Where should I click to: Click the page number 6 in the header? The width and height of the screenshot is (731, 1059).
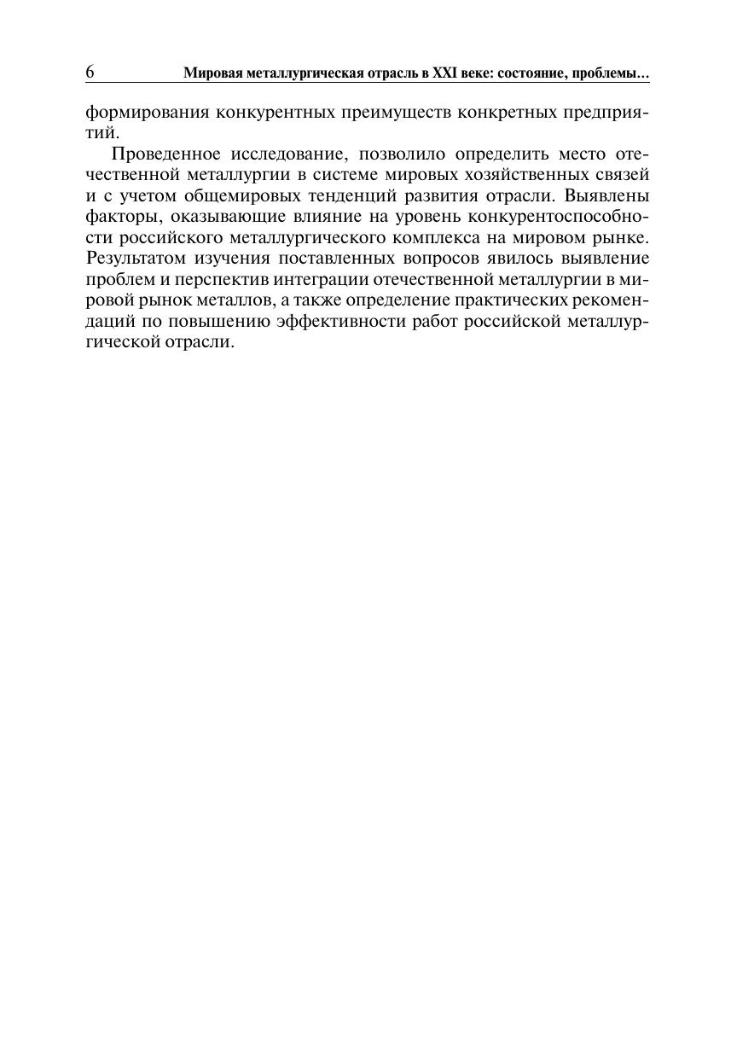pyautogui.click(x=90, y=73)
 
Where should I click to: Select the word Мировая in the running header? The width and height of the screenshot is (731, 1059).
pyautogui.click(x=212, y=76)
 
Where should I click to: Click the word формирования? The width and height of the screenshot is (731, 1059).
pyautogui.click(x=142, y=113)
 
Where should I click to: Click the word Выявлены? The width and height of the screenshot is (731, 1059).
pyautogui.click(x=601, y=195)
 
